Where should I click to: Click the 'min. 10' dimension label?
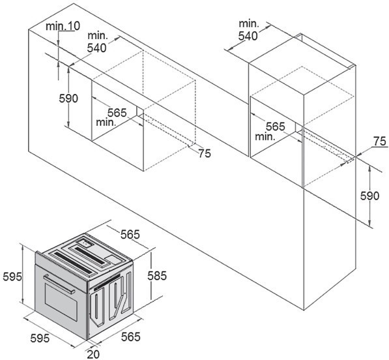(x=63, y=26)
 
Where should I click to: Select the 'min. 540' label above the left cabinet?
(x=97, y=42)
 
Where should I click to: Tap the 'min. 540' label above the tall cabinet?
(x=248, y=30)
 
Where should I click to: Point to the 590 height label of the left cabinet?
(x=68, y=98)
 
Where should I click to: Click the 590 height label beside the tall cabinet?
(x=369, y=196)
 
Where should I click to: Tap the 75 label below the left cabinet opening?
(x=205, y=153)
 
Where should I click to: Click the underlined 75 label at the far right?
(x=380, y=142)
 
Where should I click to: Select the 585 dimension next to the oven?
(x=157, y=276)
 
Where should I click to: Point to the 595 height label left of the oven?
(x=12, y=277)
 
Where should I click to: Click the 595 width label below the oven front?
(x=40, y=338)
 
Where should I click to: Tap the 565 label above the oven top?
(x=130, y=234)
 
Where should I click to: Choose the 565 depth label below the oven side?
(x=131, y=337)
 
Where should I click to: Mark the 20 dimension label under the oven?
(x=93, y=354)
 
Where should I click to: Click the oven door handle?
(x=59, y=284)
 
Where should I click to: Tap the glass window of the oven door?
(x=61, y=301)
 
